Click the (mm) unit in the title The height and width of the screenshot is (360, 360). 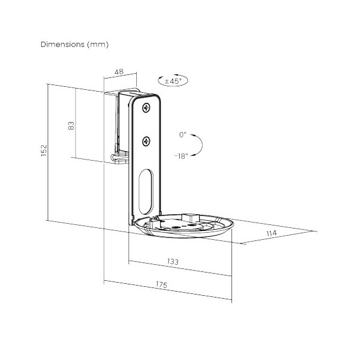coord(98,45)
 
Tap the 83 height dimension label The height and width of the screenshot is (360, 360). coord(71,126)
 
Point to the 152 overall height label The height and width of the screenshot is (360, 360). coord(43,151)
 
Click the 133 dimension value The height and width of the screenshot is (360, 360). coord(174,261)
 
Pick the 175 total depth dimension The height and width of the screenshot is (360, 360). coord(160,285)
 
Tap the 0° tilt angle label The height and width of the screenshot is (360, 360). coord(183,135)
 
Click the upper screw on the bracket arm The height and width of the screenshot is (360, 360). coord(146,108)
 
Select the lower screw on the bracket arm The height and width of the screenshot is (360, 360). coord(146,140)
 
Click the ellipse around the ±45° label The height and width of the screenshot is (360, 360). coord(158,80)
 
